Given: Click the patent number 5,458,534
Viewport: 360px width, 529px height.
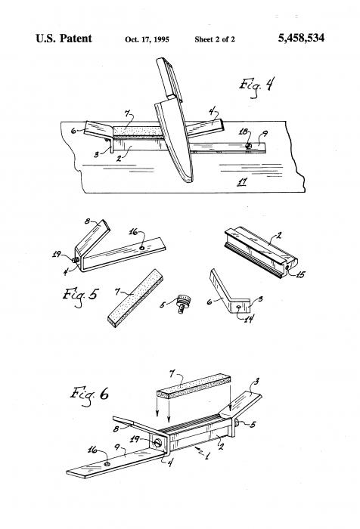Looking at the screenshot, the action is coord(301,38).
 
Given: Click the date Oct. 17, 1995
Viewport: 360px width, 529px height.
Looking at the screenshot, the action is coord(147,39).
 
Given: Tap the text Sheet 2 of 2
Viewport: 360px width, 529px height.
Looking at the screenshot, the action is coord(215,39).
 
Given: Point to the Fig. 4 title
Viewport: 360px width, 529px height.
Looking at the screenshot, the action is coord(257,86).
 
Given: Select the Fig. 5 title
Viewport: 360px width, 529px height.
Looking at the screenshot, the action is coord(80,296).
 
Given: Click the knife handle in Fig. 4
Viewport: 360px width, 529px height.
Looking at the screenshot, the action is coord(169,79).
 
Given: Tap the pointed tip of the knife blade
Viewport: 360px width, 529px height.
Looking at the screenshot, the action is coord(189,182).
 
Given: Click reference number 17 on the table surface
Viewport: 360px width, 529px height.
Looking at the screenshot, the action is coord(242,182).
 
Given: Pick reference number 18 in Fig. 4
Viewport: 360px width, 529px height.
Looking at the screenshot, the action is coord(244,132).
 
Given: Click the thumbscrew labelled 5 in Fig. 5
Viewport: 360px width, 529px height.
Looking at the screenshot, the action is coord(184,302).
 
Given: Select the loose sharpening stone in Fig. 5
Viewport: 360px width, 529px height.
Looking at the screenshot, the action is coord(135,298).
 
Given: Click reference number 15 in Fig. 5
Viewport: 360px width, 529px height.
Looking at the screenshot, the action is coord(300,274).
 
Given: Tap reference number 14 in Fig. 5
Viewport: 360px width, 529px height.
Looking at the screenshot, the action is coord(249,318).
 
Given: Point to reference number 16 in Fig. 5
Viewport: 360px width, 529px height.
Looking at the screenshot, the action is coord(133,233).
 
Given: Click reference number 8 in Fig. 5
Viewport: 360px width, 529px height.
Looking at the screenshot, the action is coord(88,221).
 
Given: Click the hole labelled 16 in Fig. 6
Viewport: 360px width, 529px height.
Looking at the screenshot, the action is coord(107,464).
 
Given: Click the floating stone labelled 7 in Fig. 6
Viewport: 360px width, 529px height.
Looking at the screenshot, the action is coord(194,385).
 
